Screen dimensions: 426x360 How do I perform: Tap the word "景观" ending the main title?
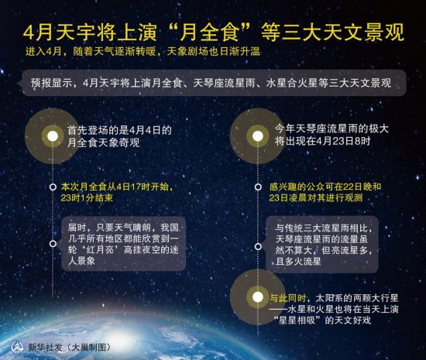(385, 33)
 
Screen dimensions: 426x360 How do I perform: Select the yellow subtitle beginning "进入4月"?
(143, 51)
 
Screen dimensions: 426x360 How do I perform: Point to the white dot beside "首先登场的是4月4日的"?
(53, 136)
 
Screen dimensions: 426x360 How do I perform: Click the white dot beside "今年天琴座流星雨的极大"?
(258, 136)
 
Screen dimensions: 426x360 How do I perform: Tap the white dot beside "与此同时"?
(258, 297)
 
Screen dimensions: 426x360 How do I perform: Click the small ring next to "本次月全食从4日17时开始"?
(53, 187)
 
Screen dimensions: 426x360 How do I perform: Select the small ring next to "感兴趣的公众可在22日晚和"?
(258, 187)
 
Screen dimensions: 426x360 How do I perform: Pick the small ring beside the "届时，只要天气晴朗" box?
(53, 244)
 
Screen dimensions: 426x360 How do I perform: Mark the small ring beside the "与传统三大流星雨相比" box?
(258, 246)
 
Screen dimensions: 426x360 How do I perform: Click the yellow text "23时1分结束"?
(87, 198)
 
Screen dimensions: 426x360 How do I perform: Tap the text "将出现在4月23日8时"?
(322, 141)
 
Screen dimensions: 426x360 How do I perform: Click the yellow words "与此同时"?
(287, 298)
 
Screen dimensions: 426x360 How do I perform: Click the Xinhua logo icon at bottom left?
(17, 346)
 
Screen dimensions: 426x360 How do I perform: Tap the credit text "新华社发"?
(46, 348)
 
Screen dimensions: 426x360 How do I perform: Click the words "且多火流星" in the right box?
(298, 262)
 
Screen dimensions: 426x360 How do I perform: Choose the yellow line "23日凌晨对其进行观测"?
(316, 197)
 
